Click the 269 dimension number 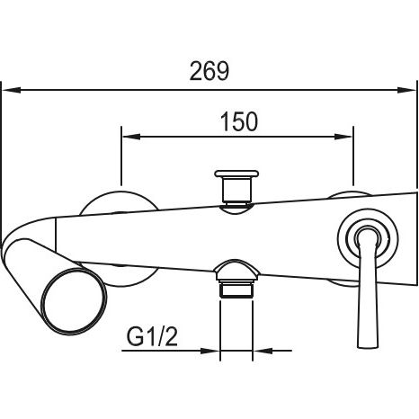(209, 71)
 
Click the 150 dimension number (239, 121)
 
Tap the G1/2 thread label (152, 336)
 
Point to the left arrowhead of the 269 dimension (12, 90)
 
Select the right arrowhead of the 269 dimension (407, 90)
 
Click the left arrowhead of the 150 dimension (131, 137)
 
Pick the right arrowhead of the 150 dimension (343, 137)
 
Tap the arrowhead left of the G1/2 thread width (210, 351)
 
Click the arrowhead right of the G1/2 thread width (263, 351)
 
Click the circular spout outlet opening (74, 301)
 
